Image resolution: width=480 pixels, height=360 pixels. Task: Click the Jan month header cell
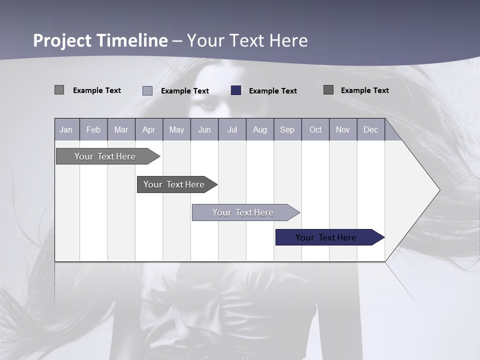pyautogui.click(x=66, y=130)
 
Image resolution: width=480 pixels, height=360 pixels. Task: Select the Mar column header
pyautogui.click(x=121, y=130)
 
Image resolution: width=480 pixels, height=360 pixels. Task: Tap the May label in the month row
pyautogui.click(x=176, y=130)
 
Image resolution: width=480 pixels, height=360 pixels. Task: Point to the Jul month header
pyautogui.click(x=232, y=130)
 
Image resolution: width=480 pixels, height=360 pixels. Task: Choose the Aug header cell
pyautogui.click(x=260, y=130)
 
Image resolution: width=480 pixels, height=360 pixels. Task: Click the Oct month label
pyautogui.click(x=315, y=130)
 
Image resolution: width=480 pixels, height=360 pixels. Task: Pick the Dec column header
pyautogui.click(x=370, y=130)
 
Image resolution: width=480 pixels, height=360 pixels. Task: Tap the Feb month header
pyautogui.click(x=93, y=130)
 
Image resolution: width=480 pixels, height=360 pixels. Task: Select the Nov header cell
pyautogui.click(x=343, y=130)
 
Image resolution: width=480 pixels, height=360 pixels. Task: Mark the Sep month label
pyautogui.click(x=287, y=130)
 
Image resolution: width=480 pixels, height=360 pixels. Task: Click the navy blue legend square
pyautogui.click(x=236, y=90)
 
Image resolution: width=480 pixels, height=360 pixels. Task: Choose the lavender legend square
pyautogui.click(x=147, y=90)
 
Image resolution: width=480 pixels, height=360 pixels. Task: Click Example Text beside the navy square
pyautogui.click(x=273, y=91)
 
